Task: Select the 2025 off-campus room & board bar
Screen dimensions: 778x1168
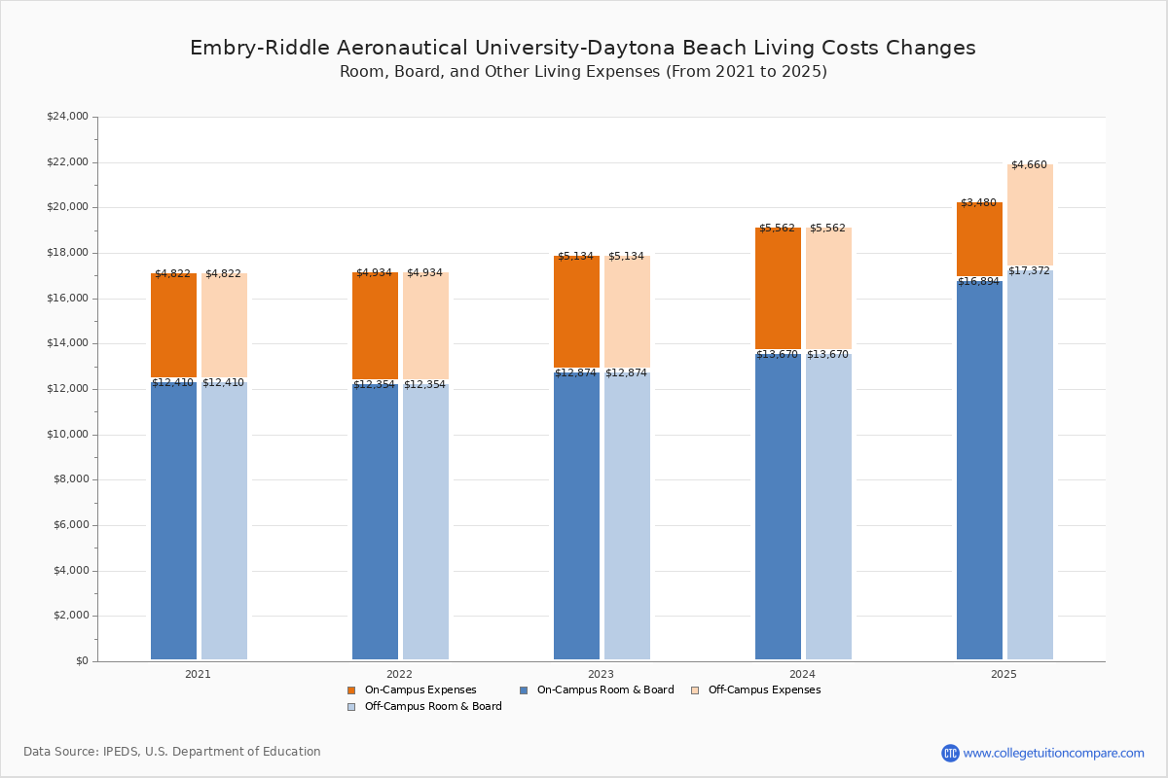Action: coord(1030,467)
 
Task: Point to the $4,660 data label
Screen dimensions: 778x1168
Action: coord(1029,165)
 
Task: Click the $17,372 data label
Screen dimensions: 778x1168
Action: coord(1029,270)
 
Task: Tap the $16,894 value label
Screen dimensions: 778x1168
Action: coord(978,282)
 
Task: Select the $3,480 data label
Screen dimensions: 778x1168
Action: coord(978,203)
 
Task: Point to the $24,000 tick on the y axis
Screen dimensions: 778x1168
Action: coord(67,117)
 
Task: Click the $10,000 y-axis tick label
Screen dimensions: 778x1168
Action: coord(67,435)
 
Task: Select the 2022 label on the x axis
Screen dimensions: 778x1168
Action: coord(399,674)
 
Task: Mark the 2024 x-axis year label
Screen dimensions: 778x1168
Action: coord(802,674)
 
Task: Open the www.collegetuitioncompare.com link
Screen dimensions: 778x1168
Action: coord(1053,753)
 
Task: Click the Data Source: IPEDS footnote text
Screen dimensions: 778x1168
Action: coord(172,752)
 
